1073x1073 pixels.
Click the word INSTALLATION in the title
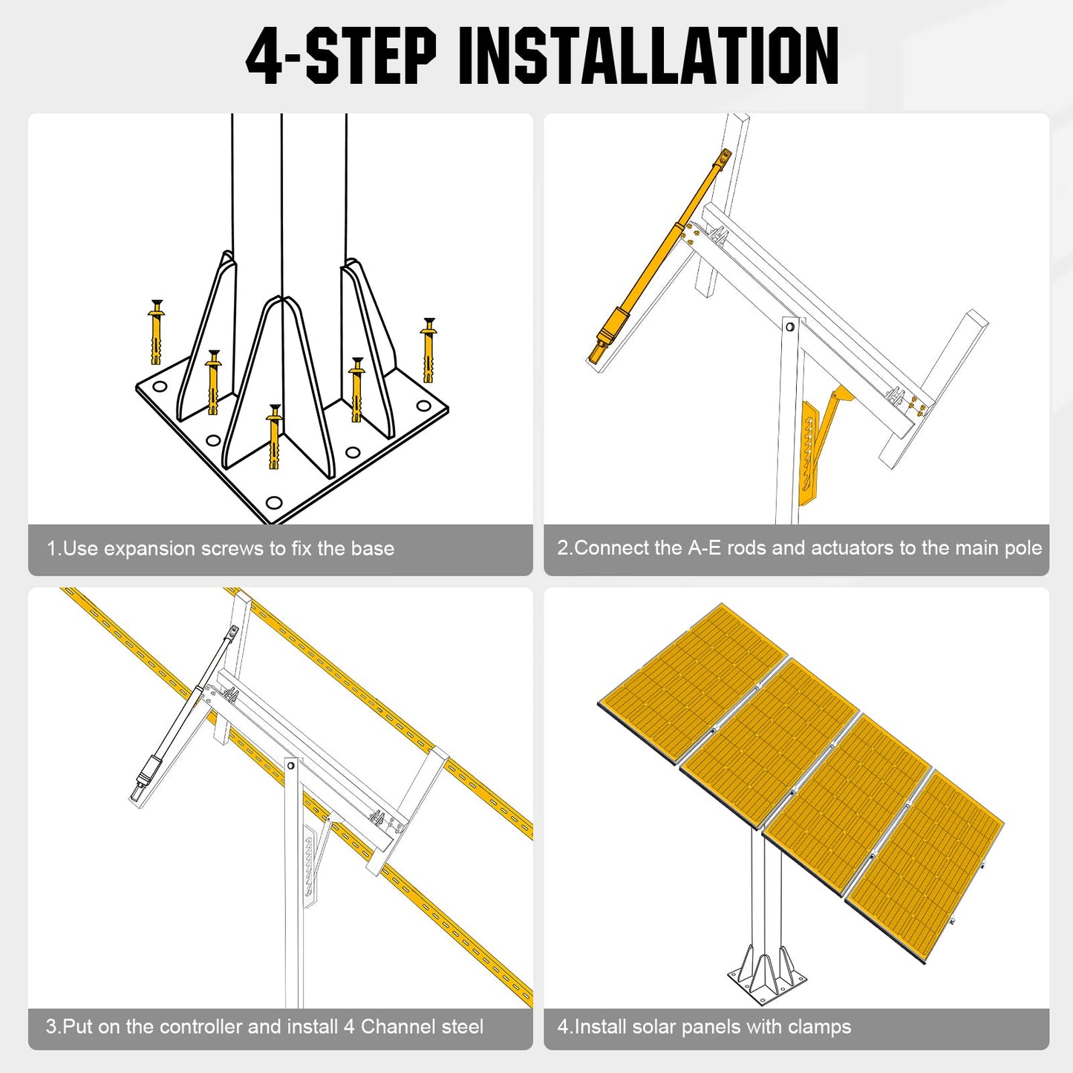pyautogui.click(x=648, y=56)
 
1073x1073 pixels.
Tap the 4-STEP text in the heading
pyautogui.click(x=341, y=56)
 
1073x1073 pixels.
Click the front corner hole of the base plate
pyautogui.click(x=274, y=503)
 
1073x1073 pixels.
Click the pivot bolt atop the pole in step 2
pyautogui.click(x=790, y=326)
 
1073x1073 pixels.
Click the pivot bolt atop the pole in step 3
pyautogui.click(x=291, y=765)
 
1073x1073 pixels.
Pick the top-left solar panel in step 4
pyautogui.click(x=693, y=682)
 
